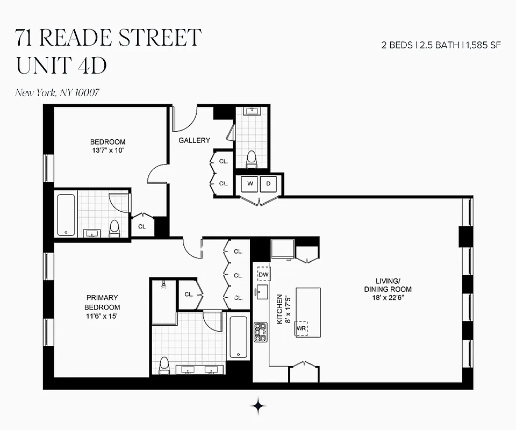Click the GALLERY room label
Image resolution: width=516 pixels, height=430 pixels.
(x=195, y=140)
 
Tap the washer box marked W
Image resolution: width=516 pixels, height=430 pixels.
(x=250, y=183)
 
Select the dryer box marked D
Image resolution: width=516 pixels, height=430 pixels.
(x=268, y=183)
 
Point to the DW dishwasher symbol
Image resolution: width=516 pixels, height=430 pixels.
(x=263, y=275)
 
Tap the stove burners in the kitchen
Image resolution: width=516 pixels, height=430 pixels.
(x=261, y=332)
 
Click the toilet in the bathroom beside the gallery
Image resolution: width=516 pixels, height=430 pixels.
(x=251, y=159)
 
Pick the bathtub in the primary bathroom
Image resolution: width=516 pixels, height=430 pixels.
(x=238, y=337)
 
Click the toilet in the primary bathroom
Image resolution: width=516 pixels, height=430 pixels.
(x=164, y=365)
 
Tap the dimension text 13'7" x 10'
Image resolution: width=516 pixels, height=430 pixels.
(x=107, y=150)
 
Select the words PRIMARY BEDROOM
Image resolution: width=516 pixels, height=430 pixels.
(x=102, y=302)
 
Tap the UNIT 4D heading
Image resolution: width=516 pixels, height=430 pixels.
(x=61, y=65)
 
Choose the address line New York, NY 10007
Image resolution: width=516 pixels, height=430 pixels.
(x=57, y=92)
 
